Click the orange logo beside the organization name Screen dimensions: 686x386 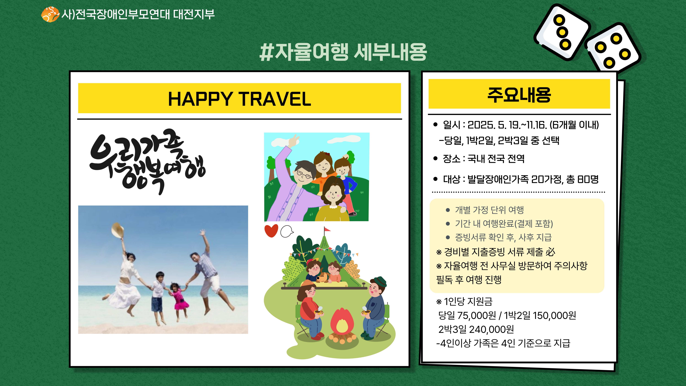(x=50, y=14)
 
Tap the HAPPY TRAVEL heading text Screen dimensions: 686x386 (x=239, y=99)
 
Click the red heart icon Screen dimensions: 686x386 (x=271, y=230)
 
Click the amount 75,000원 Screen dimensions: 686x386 (x=477, y=315)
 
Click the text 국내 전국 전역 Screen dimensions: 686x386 (x=496, y=159)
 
